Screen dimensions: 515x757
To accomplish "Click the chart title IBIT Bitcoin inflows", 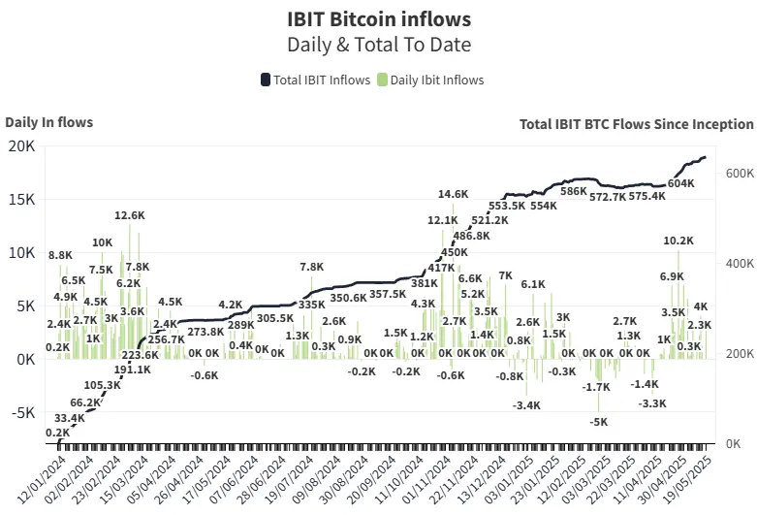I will coord(378,18).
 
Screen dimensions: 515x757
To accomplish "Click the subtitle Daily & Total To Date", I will coord(378,45).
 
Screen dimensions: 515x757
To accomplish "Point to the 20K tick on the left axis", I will coord(22,145).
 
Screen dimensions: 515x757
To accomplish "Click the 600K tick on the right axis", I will coord(740,173).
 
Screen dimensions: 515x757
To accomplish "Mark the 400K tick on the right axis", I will coord(740,263).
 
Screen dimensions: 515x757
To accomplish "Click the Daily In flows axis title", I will coord(49,122).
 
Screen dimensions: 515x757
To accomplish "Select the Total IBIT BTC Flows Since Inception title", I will coord(636,124).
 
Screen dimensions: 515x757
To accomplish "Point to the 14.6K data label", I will coord(453,194).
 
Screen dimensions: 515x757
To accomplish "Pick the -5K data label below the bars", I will coord(599,422).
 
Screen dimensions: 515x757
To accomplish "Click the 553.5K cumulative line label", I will coord(507,206).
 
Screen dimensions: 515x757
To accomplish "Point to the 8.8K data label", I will coord(60,255).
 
